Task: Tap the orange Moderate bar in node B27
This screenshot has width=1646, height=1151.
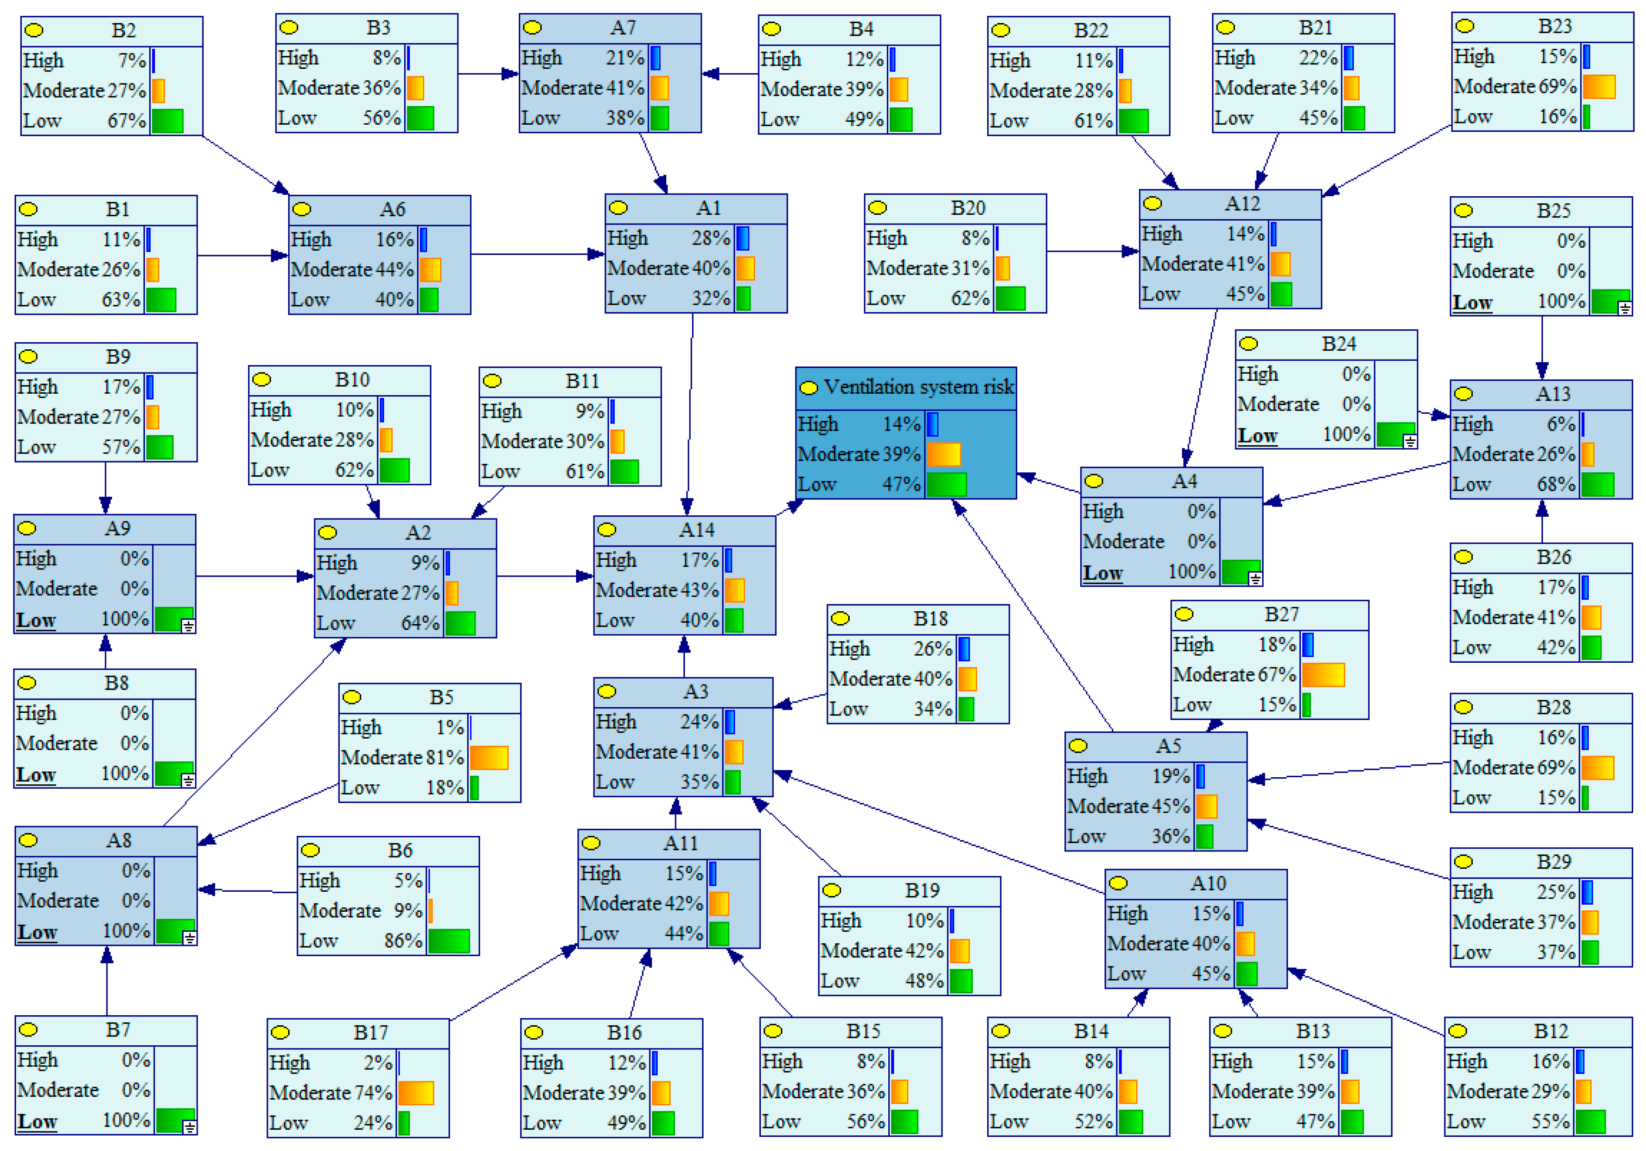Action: coord(1323,674)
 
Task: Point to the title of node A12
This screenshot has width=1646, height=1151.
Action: coord(1242,204)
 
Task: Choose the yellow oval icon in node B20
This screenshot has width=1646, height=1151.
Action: coord(878,208)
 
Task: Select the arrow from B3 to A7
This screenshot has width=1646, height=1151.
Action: coord(488,74)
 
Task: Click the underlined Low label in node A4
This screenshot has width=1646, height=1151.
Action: coord(1103,573)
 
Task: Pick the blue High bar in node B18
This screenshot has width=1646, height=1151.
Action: coord(964,649)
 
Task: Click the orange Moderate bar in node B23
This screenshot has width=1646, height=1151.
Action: coord(1598,87)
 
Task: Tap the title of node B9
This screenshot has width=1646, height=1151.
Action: coord(118,356)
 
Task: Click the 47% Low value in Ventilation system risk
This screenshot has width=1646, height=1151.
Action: coord(901,484)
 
